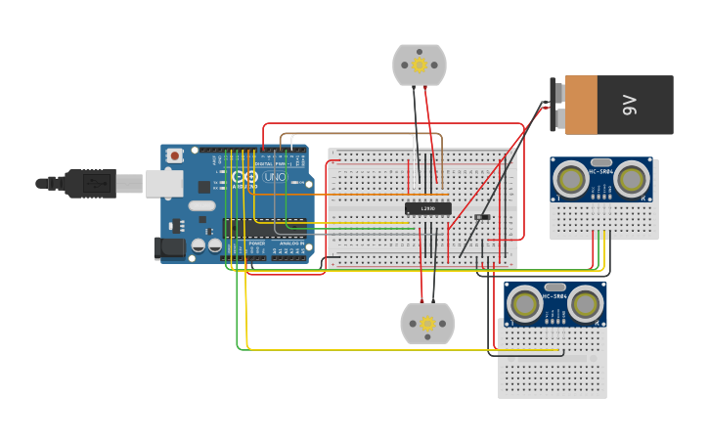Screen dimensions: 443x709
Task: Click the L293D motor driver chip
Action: pos(428,208)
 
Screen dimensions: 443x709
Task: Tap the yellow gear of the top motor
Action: pos(420,66)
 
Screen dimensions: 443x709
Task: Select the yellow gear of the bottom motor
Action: pos(427,323)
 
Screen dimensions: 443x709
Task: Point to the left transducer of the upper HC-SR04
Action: pos(570,178)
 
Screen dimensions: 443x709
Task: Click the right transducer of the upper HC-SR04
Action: pos(633,178)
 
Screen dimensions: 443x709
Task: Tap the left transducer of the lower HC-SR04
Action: pos(525,304)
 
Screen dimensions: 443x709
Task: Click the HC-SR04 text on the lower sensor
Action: pos(554,295)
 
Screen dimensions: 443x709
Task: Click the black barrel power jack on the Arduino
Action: pos(170,248)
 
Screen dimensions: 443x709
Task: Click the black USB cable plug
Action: pos(92,183)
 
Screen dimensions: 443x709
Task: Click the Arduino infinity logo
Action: pos(244,177)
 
